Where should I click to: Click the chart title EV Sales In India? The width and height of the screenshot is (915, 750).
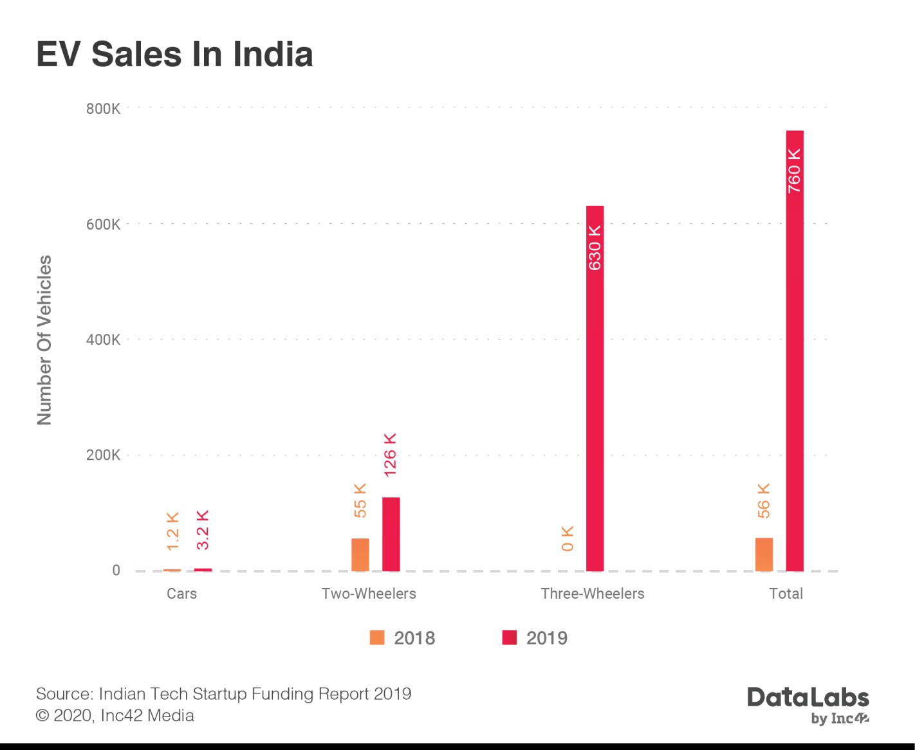[174, 54]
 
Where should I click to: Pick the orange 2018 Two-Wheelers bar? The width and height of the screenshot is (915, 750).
[360, 554]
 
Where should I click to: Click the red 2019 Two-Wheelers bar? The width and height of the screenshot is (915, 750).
[391, 534]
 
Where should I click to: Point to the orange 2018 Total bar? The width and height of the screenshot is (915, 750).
[764, 554]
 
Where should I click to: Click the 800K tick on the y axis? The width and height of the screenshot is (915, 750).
[103, 109]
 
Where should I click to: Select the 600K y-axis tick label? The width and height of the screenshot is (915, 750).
[103, 224]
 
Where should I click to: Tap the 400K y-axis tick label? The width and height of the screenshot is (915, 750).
[103, 340]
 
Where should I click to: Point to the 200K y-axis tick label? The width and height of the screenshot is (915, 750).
[103, 455]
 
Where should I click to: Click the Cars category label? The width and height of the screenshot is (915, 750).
[181, 594]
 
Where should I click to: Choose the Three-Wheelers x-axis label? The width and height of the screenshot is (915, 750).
[592, 594]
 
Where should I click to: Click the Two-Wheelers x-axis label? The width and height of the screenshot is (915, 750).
[369, 594]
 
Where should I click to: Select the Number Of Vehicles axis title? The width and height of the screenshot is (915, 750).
[44, 340]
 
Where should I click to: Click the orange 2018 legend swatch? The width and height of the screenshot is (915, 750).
[377, 637]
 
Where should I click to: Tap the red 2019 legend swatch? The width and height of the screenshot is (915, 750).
[510, 637]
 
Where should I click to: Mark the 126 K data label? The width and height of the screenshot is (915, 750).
[390, 455]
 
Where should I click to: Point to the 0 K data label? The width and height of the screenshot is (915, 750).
[567, 538]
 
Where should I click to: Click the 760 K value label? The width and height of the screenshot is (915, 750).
[795, 170]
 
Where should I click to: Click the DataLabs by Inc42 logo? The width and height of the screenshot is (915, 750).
[808, 705]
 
